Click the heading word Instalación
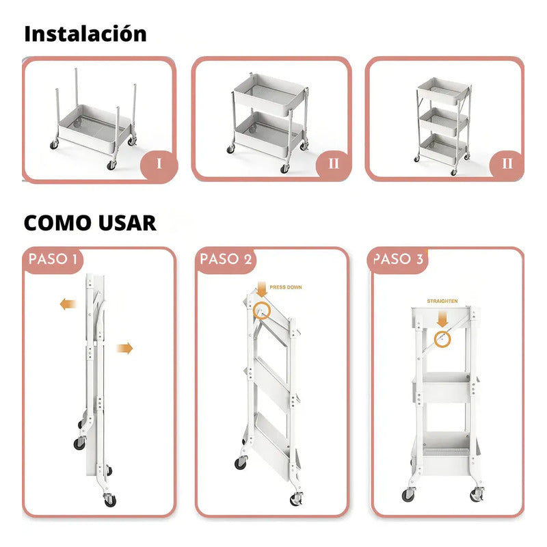pyautogui.click(x=85, y=34)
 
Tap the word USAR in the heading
pyautogui.click(x=127, y=223)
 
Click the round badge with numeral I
pyautogui.click(x=159, y=163)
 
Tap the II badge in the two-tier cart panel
pyautogui.click(x=334, y=163)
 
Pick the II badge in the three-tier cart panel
pyautogui.click(x=507, y=163)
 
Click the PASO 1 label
pyautogui.click(x=53, y=259)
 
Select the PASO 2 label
pyautogui.click(x=226, y=259)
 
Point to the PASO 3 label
pyautogui.click(x=399, y=259)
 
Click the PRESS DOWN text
pyautogui.click(x=286, y=287)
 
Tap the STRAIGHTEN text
pyautogui.click(x=442, y=301)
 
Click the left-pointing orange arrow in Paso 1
pyautogui.click(x=68, y=304)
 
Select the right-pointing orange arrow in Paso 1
pyautogui.click(x=124, y=348)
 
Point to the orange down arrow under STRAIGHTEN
pyautogui.click(x=442, y=319)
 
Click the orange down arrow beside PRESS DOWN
pyautogui.click(x=261, y=289)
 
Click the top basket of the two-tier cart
pyautogui.click(x=269, y=95)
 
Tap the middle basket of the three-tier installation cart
pyautogui.click(x=443, y=122)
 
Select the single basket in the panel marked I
pyautogui.click(x=94, y=129)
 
